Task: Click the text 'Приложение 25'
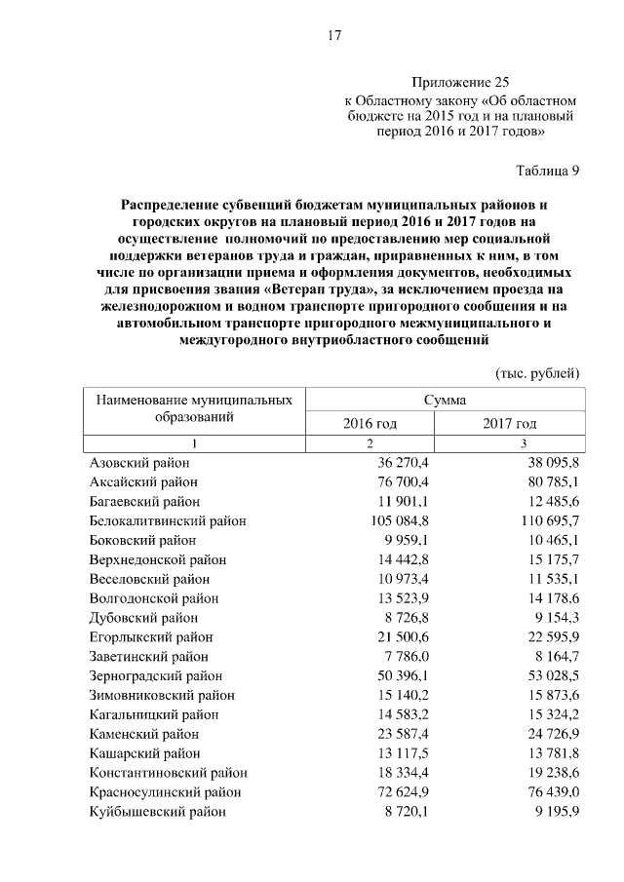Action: tap(460, 83)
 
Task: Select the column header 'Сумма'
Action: tap(445, 400)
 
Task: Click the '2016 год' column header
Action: tap(370, 424)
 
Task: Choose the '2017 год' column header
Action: tap(510, 424)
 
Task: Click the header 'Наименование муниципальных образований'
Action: tap(194, 408)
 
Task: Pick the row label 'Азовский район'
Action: tap(138, 464)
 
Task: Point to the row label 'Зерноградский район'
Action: tap(156, 674)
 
